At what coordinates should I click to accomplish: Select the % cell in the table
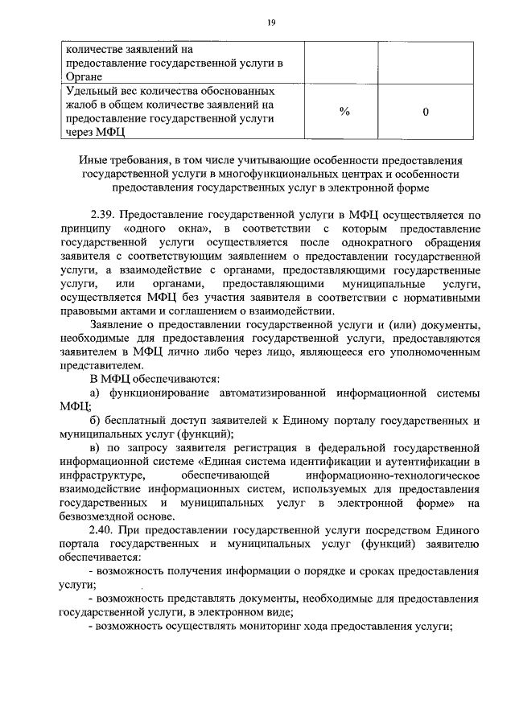[344, 112]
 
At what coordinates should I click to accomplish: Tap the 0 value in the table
[425, 112]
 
